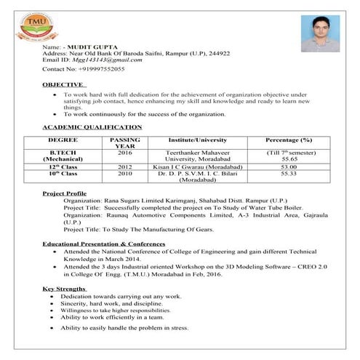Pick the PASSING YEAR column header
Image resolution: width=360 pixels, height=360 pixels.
[x=124, y=142]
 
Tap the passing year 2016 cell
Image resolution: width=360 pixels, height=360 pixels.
[x=124, y=152]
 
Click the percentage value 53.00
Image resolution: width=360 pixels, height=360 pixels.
[x=289, y=167]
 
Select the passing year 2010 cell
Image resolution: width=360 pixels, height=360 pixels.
[x=124, y=174]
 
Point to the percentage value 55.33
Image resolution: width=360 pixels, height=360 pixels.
[x=289, y=174]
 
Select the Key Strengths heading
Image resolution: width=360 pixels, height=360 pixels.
[x=65, y=289]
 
